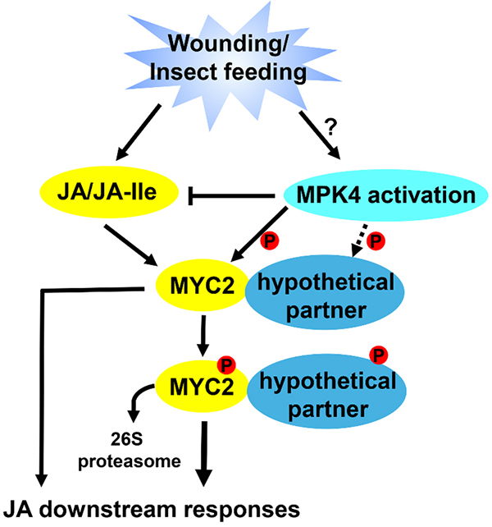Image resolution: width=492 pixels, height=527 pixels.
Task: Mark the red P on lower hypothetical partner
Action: tap(380, 355)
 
